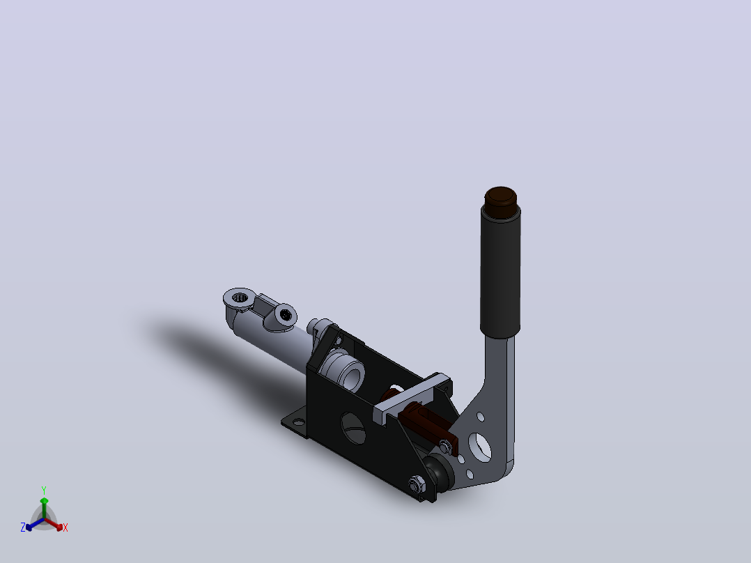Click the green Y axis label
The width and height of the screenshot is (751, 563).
(x=44, y=491)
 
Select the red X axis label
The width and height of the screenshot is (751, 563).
(x=65, y=527)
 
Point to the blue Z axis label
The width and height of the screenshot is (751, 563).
(x=22, y=527)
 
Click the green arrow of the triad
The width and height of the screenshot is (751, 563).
(x=44, y=507)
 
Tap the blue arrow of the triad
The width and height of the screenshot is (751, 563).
(x=35, y=524)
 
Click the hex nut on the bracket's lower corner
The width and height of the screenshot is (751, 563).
(x=416, y=484)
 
